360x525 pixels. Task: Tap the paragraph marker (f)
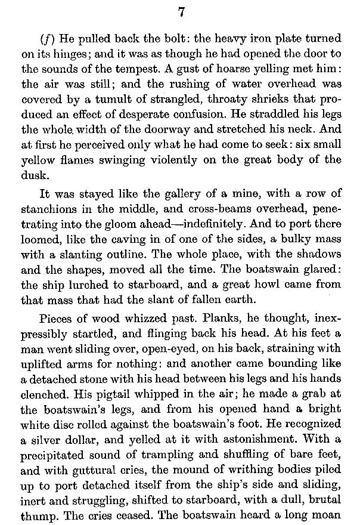click(47, 38)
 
